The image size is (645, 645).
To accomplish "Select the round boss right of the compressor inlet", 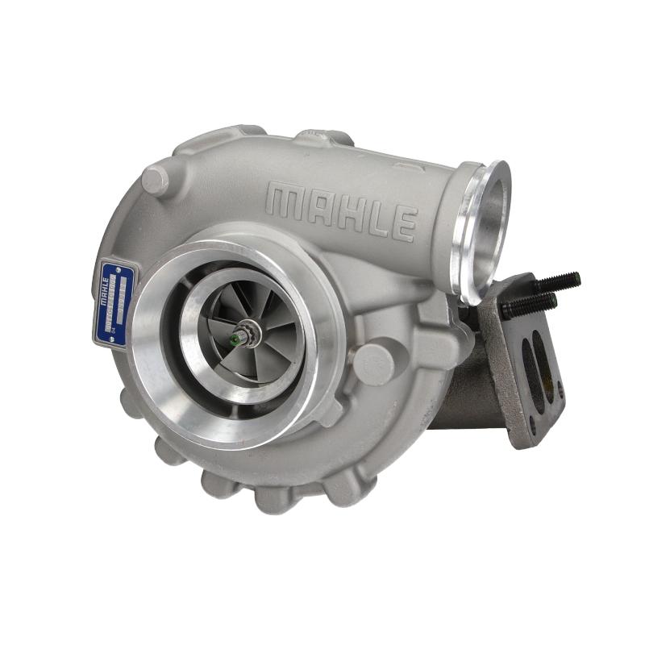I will [373, 363].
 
